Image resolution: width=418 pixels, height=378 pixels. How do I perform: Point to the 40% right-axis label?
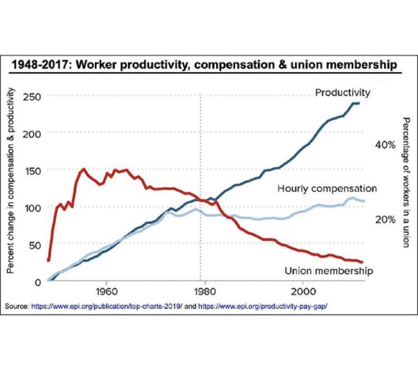tap(385, 145)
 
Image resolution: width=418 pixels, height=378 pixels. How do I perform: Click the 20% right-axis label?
tap(385, 219)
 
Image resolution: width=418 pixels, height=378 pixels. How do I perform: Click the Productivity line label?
tap(343, 93)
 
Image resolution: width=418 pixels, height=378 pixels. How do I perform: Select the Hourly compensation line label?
tap(327, 189)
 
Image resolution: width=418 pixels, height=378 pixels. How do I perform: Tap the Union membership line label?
tap(329, 271)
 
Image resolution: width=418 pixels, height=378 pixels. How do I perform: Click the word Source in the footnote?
tap(17, 306)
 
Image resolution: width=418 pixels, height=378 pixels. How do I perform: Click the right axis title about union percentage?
tap(406, 182)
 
